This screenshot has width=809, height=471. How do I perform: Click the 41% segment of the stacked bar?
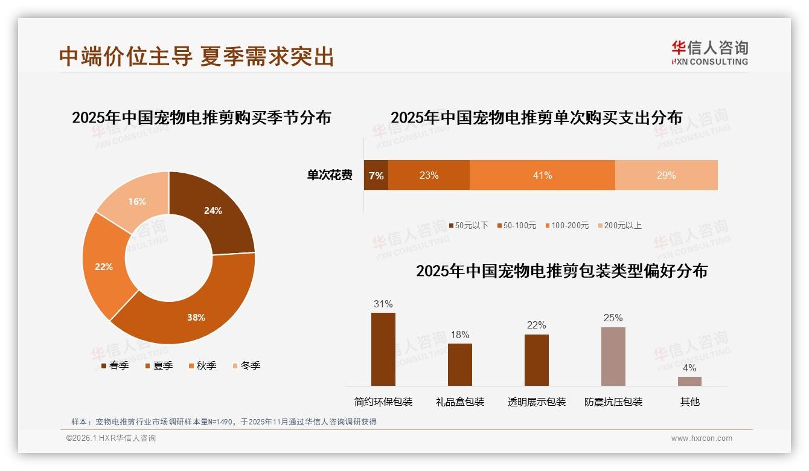click(x=542, y=175)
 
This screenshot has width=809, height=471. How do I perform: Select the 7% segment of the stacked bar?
click(x=376, y=175)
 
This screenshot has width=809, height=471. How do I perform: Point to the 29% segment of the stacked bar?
click(x=666, y=175)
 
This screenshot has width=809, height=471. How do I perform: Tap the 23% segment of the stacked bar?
click(x=429, y=175)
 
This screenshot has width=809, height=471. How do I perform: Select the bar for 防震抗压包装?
click(x=613, y=356)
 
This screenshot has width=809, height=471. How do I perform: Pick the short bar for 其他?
click(x=689, y=381)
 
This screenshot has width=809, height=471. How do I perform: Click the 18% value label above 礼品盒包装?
click(x=459, y=335)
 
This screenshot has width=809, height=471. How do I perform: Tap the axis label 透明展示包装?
click(x=537, y=402)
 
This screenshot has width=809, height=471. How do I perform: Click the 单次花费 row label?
click(x=330, y=175)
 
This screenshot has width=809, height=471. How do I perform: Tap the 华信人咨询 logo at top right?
click(x=709, y=53)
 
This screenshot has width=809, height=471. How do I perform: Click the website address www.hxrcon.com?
click(x=701, y=438)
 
